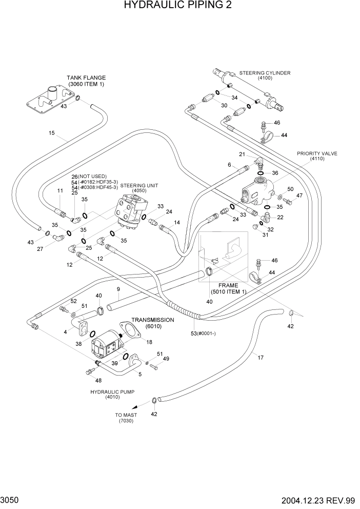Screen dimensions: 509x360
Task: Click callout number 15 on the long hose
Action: point(51,133)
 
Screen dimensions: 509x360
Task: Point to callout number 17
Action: point(260,358)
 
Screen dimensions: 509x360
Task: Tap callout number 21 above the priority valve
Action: point(242,154)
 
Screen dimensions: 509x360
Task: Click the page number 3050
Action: point(11,499)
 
